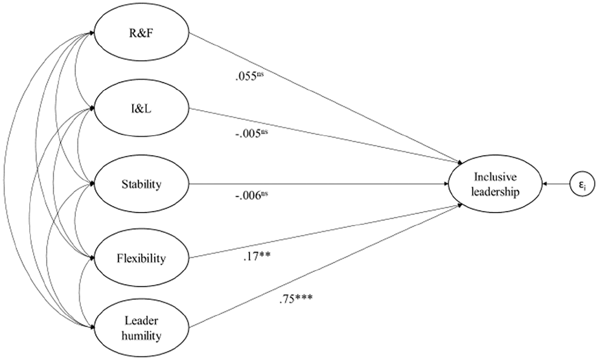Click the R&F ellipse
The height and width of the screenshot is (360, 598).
(x=141, y=33)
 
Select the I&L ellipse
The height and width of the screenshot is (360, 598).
(x=141, y=108)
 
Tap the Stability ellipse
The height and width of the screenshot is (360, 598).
(x=141, y=184)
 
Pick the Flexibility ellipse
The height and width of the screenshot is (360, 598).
(x=141, y=258)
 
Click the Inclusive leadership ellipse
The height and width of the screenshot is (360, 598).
(x=495, y=184)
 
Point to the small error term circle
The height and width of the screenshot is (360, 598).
(x=582, y=184)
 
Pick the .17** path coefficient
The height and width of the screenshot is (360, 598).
(x=257, y=256)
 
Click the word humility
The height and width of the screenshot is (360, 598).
(x=141, y=335)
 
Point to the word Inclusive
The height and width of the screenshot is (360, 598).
(x=495, y=176)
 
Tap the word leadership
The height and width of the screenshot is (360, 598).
(x=495, y=191)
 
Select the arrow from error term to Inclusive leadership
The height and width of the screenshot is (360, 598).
(x=556, y=184)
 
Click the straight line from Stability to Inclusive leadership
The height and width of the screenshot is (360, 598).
(x=319, y=184)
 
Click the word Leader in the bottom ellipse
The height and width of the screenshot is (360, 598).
(x=141, y=320)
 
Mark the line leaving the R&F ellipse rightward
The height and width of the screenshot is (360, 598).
(x=326, y=98)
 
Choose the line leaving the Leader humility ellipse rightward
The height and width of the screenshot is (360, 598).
(x=326, y=265)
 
